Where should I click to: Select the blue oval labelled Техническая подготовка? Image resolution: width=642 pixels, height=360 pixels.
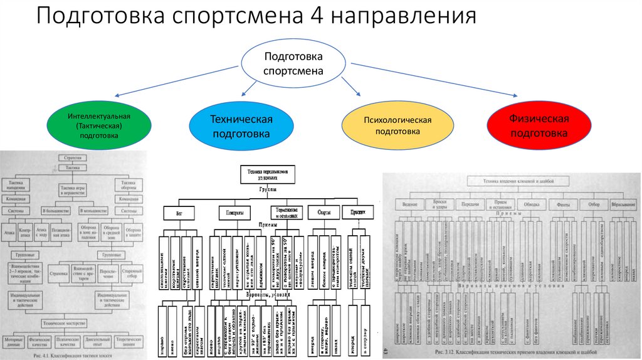(241, 126)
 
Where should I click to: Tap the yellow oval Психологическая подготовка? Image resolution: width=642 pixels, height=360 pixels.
(397, 125)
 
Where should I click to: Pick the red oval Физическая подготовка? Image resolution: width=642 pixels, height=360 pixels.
(539, 125)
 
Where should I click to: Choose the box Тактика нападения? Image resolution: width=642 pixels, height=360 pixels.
(26, 187)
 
